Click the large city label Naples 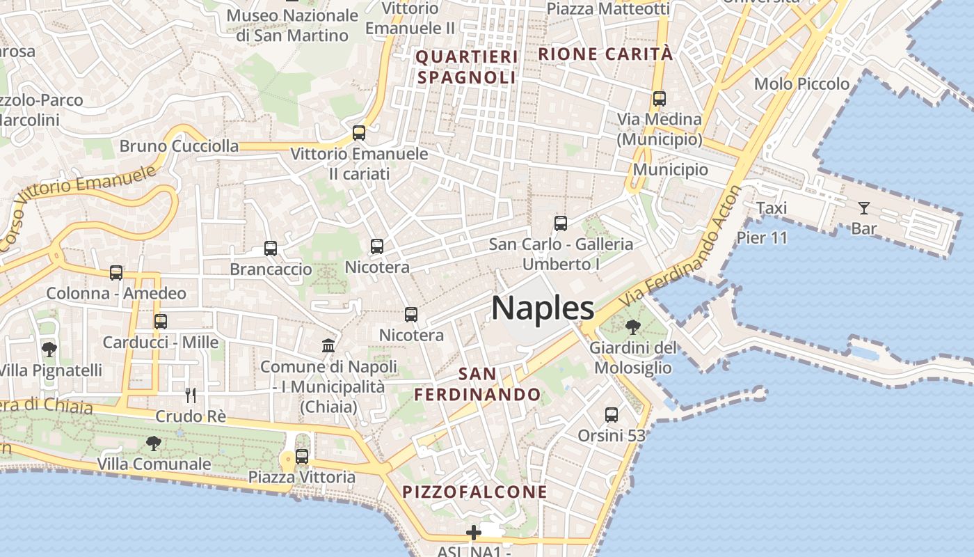coord(543,308)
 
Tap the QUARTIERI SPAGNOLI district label coord(467,66)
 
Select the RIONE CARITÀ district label coord(605,54)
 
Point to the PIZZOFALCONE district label coord(474,492)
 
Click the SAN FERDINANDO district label coord(477,384)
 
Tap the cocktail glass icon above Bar coord(863,207)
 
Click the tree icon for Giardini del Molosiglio coord(632,327)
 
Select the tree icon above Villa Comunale coord(153,443)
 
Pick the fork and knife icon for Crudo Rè coord(191,395)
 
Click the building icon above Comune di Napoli coord(328,345)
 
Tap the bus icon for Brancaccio coord(271,248)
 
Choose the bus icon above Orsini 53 coord(612,415)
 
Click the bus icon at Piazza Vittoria coord(302,457)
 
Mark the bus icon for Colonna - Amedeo coord(116,273)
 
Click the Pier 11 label coord(762,238)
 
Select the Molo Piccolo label coord(801,84)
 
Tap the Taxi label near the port coord(771,207)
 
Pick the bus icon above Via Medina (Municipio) coord(659,99)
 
